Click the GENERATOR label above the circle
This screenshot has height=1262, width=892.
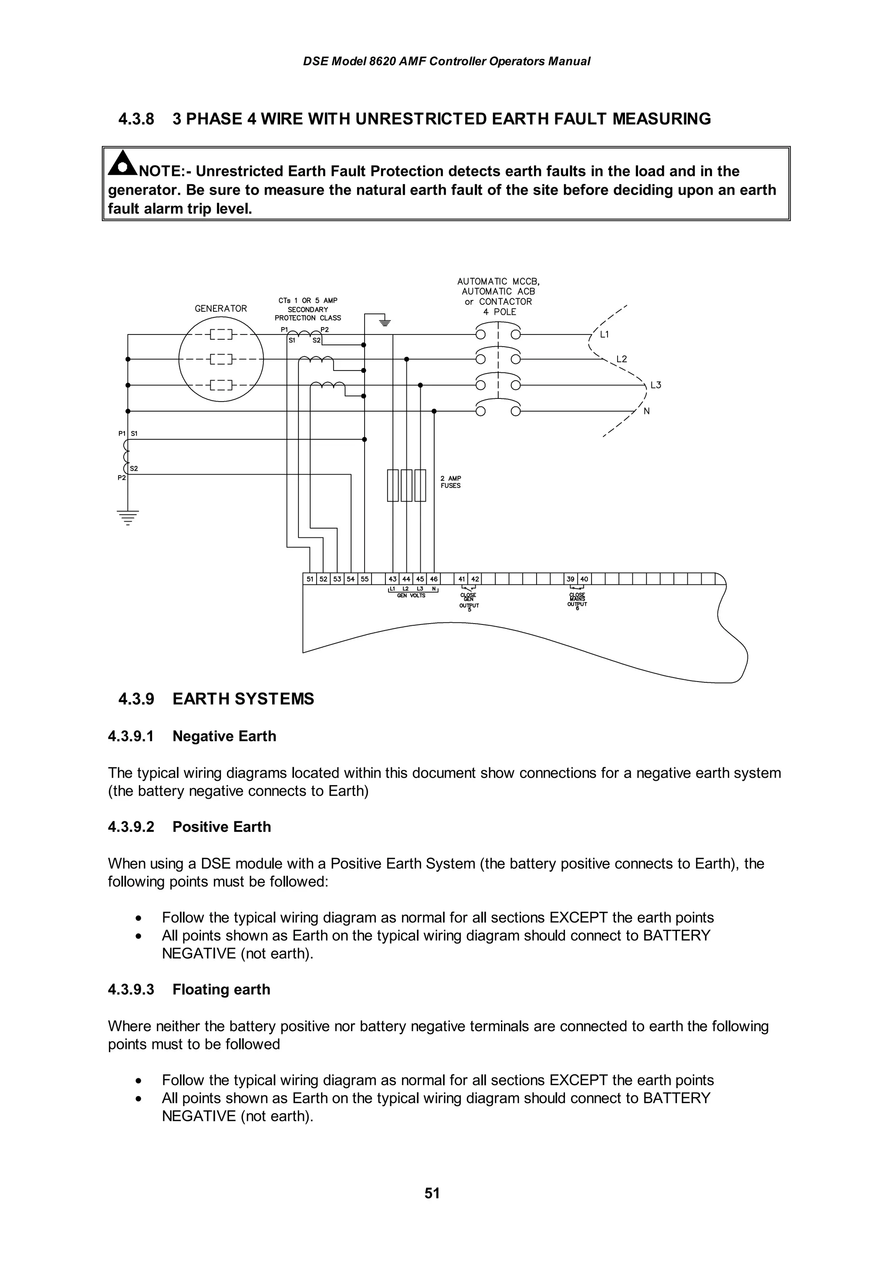click(x=221, y=308)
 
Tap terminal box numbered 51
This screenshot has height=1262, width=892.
click(x=310, y=579)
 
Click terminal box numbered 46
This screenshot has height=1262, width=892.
click(x=434, y=579)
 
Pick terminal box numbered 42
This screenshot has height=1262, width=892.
click(x=475, y=579)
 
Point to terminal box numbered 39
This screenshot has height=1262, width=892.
click(x=571, y=579)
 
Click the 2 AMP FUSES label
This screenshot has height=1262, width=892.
click(x=451, y=482)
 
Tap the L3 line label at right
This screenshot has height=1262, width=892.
click(x=655, y=385)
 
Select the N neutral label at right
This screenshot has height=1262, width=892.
click(x=646, y=411)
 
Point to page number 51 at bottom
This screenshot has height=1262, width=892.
click(x=432, y=1193)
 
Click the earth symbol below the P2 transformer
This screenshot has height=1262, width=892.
click(x=128, y=518)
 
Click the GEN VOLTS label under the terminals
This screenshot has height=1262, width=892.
click(x=411, y=595)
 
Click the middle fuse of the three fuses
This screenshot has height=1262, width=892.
click(x=406, y=486)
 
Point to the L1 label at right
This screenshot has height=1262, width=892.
click(x=605, y=334)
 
